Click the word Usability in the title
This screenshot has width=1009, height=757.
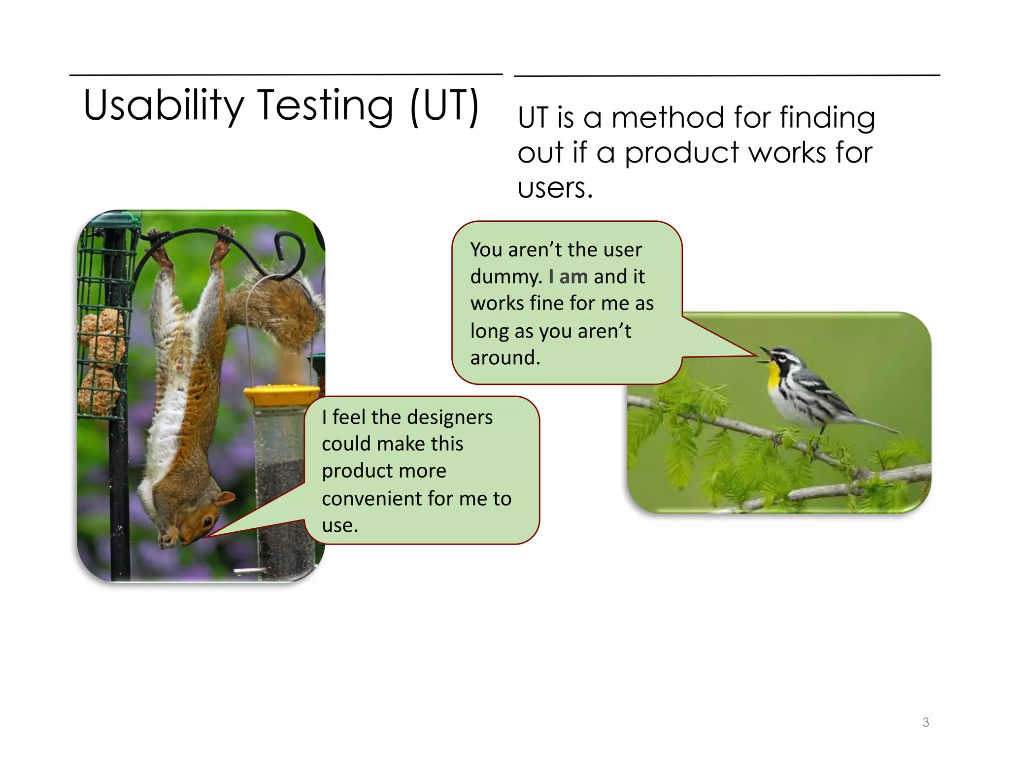(x=163, y=105)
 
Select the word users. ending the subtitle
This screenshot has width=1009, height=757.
(x=555, y=188)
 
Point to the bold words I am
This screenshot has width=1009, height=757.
(x=568, y=276)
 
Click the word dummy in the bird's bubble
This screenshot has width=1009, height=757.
(x=505, y=276)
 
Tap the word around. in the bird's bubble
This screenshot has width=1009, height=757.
(x=505, y=358)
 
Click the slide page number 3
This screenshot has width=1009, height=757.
(x=925, y=723)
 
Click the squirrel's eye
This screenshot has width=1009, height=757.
(x=207, y=521)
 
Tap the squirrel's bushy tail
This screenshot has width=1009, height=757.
(x=281, y=306)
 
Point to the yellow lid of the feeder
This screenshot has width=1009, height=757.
(x=281, y=394)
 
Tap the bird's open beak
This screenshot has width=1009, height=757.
(x=763, y=355)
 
